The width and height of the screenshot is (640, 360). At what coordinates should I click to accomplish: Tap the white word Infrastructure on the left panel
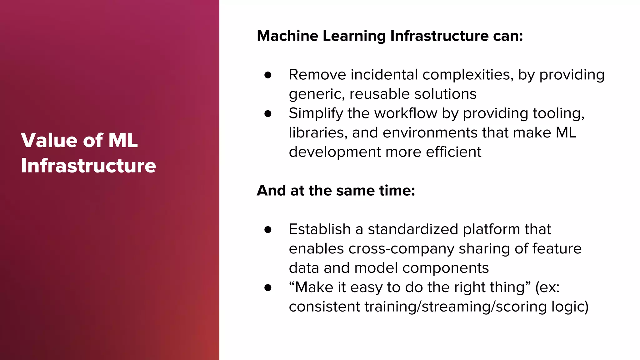pos(88,166)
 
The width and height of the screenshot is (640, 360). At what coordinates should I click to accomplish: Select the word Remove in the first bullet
pos(317,75)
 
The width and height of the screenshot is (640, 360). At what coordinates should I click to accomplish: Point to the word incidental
pos(384,75)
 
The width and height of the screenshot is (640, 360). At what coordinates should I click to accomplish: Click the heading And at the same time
pos(336,191)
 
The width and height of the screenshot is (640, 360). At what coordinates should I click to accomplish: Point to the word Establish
pos(319,229)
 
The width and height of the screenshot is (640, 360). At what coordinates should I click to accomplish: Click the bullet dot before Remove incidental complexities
pos(268,75)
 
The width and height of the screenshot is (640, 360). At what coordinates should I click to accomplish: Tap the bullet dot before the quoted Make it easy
pos(268,287)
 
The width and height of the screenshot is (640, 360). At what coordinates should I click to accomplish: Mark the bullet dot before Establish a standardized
pos(268,230)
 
